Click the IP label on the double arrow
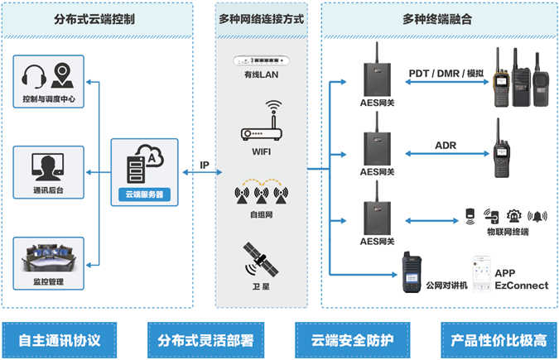click(x=205, y=165)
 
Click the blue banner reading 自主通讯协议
click(x=59, y=339)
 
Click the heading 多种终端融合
click(x=438, y=18)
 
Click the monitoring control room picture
click(x=50, y=257)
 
